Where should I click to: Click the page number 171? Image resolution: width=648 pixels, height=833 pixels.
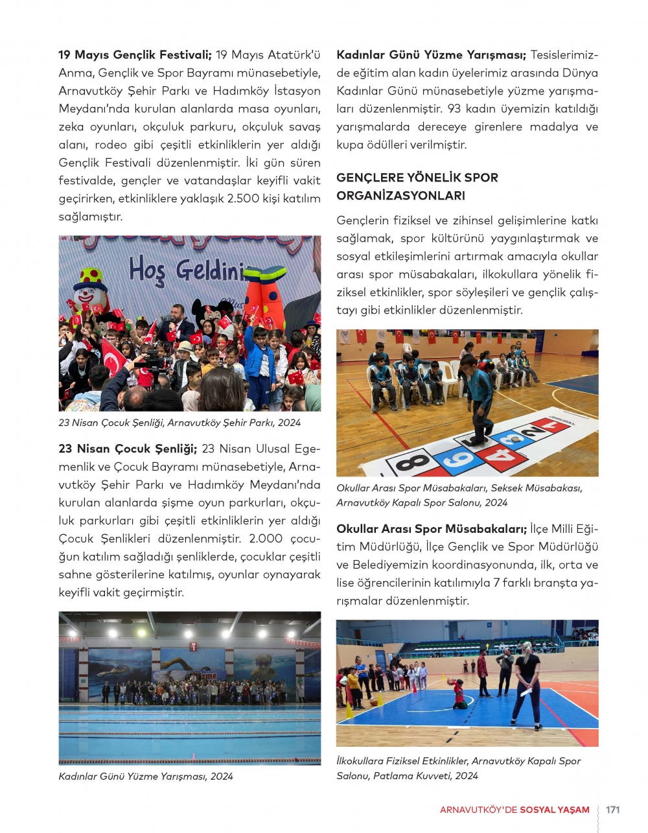click(x=612, y=810)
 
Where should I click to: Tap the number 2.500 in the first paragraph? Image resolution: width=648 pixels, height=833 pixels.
click(x=242, y=198)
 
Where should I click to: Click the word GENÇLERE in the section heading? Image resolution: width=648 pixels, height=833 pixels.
click(x=365, y=178)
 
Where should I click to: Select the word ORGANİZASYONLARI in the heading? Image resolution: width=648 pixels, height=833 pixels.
click(x=400, y=196)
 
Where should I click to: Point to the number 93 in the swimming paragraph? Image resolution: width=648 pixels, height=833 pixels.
click(x=454, y=109)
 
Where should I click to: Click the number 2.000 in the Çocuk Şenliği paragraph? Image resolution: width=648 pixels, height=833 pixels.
click(x=266, y=539)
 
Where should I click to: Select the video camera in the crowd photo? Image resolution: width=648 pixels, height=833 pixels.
click(x=153, y=359)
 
